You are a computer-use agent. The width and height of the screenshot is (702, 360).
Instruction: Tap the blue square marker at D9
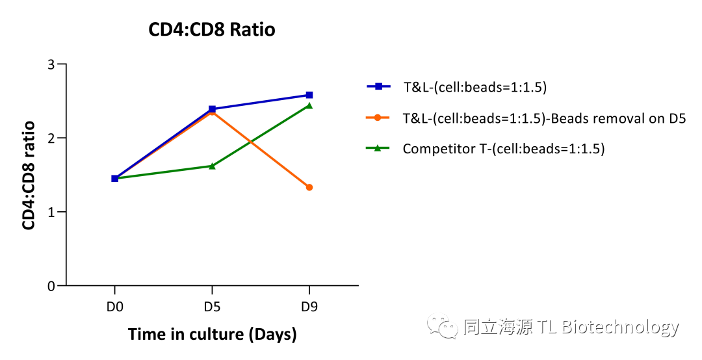309,95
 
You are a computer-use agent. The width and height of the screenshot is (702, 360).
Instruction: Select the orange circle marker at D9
309,187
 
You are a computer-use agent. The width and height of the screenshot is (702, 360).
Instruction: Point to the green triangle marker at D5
212,166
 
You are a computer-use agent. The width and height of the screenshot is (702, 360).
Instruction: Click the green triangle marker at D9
309,105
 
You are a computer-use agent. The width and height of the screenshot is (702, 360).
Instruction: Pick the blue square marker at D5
212,109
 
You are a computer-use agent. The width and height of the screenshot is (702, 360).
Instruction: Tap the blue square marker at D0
115,178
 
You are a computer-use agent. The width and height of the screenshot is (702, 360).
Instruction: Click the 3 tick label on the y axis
53,65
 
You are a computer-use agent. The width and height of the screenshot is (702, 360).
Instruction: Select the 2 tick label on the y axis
53,138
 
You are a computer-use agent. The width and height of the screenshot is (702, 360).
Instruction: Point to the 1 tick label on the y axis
53,212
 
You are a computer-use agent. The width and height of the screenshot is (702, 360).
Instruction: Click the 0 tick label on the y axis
53,286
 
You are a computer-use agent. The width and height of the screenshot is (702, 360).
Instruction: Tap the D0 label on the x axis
115,307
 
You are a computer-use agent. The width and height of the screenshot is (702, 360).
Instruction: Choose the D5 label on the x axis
212,307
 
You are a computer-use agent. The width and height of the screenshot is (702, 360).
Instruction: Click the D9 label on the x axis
309,307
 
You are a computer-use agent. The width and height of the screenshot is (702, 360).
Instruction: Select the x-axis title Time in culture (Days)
212,335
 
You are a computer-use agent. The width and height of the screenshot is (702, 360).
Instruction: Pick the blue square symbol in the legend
378,86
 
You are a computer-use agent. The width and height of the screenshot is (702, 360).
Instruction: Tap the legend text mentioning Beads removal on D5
544,118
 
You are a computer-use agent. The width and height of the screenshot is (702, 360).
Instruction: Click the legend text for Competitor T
503,149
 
